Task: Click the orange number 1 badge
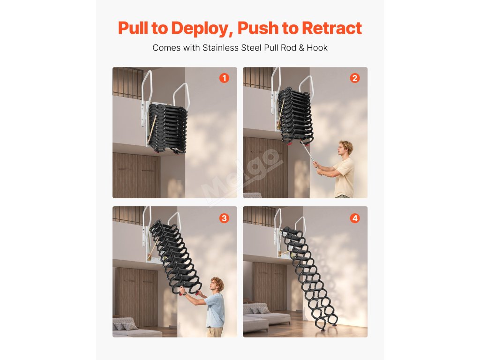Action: (x=224, y=78)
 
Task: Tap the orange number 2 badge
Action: (x=355, y=78)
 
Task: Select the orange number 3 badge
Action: (x=224, y=218)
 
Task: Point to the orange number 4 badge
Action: (x=355, y=218)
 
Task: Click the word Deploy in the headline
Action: (x=200, y=29)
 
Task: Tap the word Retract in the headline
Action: (x=332, y=28)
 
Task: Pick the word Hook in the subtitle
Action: (x=317, y=48)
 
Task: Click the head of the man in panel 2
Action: (x=345, y=149)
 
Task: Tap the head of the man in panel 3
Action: (x=217, y=285)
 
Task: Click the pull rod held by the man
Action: (x=310, y=157)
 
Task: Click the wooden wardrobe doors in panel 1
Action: (x=136, y=175)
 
